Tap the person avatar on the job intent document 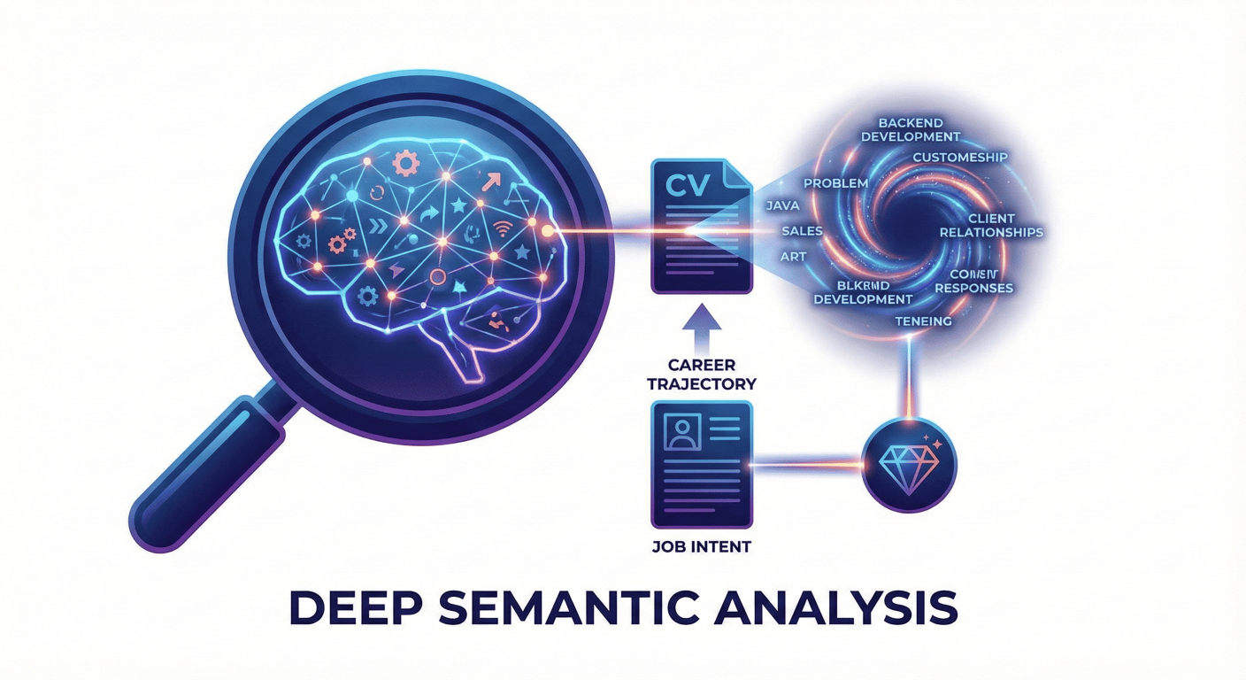[681, 431]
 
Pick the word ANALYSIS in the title [851, 610]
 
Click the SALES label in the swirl [802, 231]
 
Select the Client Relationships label [990, 226]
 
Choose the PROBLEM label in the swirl [835, 182]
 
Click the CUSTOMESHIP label [960, 158]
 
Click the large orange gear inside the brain [407, 163]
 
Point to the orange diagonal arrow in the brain [490, 183]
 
